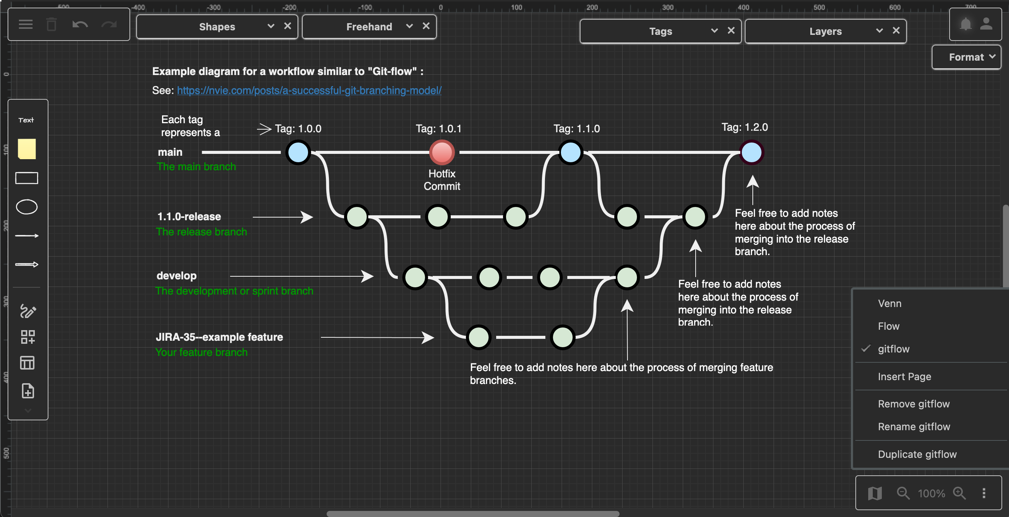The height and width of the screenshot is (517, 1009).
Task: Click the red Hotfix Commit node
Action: (442, 152)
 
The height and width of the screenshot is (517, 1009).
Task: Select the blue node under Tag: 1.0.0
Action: (298, 152)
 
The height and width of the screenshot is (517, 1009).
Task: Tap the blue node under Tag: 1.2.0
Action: (751, 152)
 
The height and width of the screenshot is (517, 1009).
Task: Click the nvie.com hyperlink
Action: (309, 90)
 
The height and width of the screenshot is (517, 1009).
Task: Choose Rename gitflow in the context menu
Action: (914, 426)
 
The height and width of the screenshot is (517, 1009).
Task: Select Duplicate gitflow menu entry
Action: (917, 454)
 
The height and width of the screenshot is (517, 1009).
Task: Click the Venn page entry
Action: (889, 303)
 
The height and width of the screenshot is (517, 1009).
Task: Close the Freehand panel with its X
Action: (426, 26)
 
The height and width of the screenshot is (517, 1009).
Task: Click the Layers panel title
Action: (825, 31)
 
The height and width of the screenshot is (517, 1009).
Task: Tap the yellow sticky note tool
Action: (26, 149)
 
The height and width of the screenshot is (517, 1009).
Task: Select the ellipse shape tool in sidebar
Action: (26, 207)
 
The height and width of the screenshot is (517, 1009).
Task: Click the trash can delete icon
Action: (51, 25)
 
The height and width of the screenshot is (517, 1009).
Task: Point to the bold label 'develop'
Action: (176, 276)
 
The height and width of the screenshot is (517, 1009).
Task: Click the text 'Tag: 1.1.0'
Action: (576, 128)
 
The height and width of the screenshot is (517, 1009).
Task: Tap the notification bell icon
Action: (965, 24)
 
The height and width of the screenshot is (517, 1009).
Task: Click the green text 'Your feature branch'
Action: (201, 352)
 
